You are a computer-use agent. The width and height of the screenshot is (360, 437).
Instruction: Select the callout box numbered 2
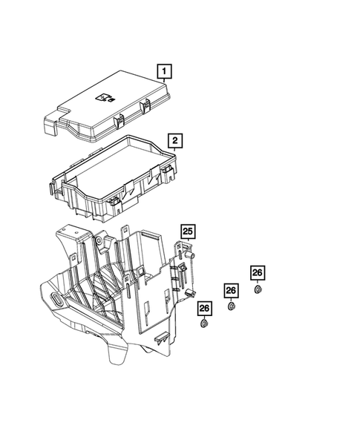click(x=175, y=140)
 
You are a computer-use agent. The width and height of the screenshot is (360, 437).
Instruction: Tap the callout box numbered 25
click(x=188, y=231)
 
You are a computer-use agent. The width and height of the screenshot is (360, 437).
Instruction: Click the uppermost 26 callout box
click(x=257, y=273)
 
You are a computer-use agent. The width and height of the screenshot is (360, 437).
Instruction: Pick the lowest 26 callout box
click(x=204, y=308)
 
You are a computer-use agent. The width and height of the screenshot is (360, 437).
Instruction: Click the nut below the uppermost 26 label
click(x=258, y=289)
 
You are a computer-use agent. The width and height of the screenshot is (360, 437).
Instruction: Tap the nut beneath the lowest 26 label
click(x=204, y=324)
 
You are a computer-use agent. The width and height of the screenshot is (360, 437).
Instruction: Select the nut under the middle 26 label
click(x=231, y=306)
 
